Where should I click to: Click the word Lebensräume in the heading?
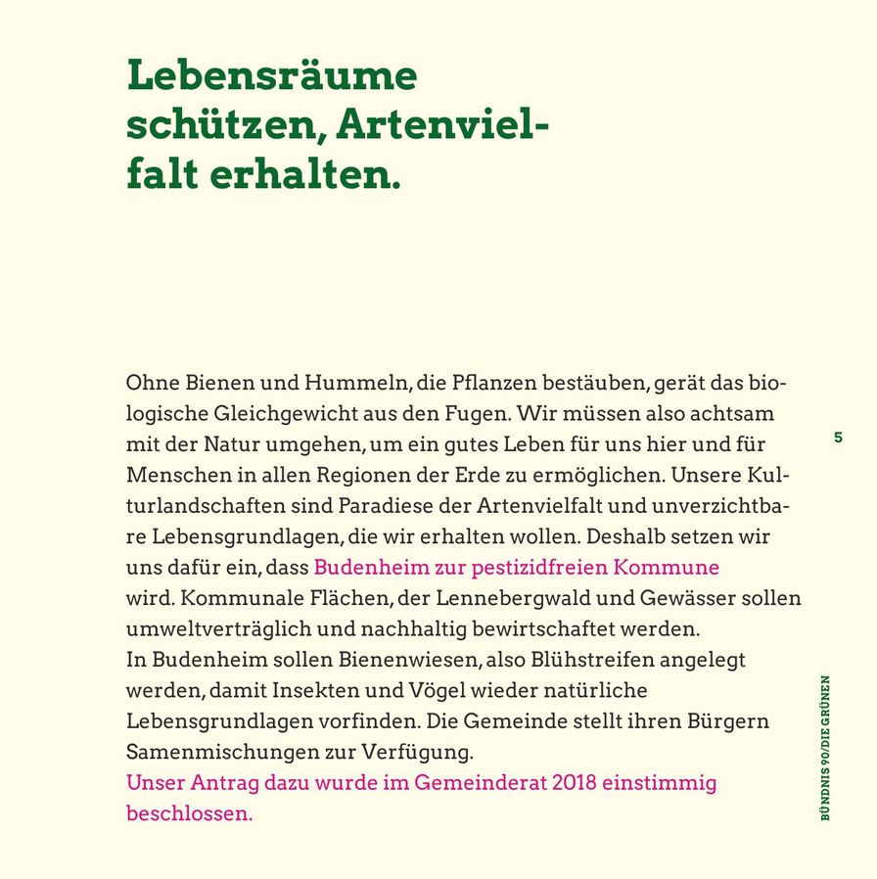(x=271, y=76)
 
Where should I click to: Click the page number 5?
(x=838, y=438)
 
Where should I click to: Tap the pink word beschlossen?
(x=189, y=813)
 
